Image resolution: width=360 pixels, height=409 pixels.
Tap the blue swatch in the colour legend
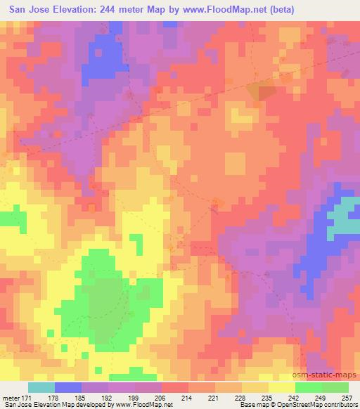click(x=67, y=388)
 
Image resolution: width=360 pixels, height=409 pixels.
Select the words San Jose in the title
click(x=28, y=9)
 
